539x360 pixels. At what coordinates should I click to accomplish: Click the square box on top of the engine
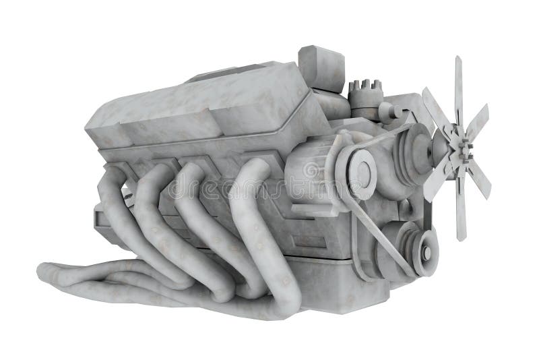[x=321, y=67]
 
